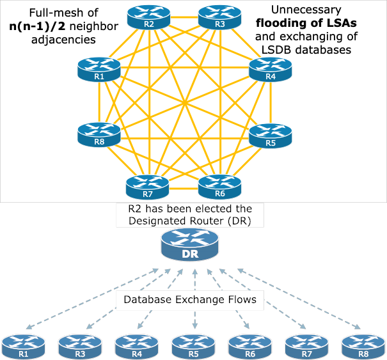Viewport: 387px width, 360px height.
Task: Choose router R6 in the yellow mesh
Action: tap(219, 187)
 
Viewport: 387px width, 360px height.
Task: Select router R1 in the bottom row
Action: tap(24, 347)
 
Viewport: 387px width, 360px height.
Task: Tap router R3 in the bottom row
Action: tap(80, 347)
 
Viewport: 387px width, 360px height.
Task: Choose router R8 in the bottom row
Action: tap(363, 347)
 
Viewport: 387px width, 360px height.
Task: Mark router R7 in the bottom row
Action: tap(307, 347)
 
